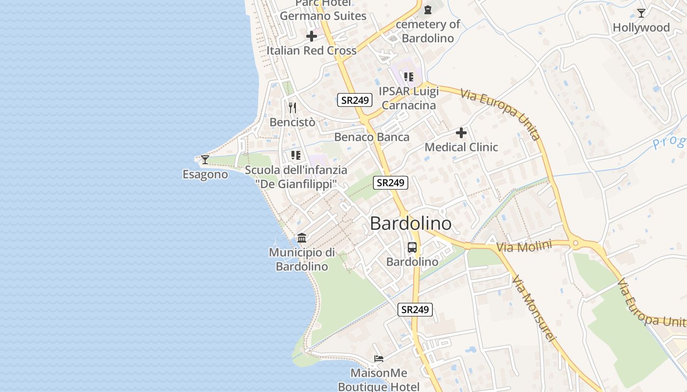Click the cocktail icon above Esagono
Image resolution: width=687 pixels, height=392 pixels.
(205, 160)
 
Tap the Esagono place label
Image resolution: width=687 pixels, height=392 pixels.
(205, 174)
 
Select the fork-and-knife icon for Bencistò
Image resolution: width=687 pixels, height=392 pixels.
(292, 108)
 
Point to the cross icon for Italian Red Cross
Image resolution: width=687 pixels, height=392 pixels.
(312, 36)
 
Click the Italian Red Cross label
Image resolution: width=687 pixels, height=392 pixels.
(312, 50)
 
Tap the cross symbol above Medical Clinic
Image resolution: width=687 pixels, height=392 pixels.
(461, 133)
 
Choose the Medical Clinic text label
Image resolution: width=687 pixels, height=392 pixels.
(461, 147)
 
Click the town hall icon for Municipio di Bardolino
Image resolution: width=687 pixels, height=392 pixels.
(302, 238)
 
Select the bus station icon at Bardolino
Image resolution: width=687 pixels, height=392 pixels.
(412, 247)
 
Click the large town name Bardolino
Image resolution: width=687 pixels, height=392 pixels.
(410, 223)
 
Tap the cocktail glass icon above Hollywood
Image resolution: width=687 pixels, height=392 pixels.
(641, 13)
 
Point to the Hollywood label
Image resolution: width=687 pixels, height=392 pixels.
(641, 28)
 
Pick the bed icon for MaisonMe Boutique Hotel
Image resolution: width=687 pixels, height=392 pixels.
(378, 359)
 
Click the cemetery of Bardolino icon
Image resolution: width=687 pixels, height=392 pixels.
(428, 9)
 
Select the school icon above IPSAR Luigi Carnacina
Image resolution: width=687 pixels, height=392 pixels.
(409, 77)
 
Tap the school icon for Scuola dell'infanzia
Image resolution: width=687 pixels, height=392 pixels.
(296, 156)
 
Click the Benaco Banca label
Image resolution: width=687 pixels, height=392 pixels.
(371, 137)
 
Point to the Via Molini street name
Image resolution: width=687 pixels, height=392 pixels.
(524, 246)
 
